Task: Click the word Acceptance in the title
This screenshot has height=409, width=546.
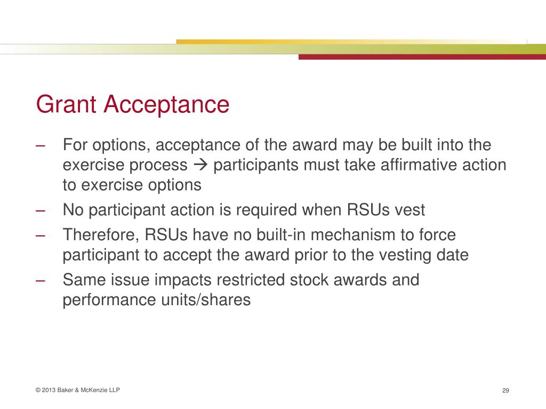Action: click(166, 104)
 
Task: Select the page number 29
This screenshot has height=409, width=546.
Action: click(506, 391)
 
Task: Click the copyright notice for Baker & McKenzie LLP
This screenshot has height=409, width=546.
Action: click(78, 390)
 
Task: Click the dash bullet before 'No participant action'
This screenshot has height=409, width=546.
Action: click(40, 210)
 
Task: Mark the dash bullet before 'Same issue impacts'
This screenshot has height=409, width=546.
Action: click(40, 280)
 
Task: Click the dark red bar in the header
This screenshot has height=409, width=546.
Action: click(422, 56)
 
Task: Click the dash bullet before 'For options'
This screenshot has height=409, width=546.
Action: click(40, 145)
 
